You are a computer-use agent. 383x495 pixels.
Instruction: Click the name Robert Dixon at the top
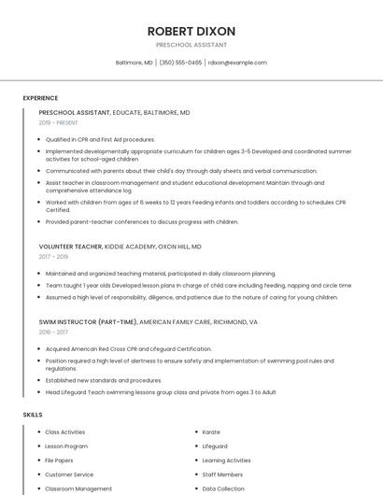coord(191,31)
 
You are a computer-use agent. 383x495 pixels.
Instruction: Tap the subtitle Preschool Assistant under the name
coord(191,44)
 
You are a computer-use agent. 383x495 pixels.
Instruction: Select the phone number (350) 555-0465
coord(180,63)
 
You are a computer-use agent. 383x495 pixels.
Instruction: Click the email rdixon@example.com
coord(237,63)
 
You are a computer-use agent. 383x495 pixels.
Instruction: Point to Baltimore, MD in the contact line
coord(134,63)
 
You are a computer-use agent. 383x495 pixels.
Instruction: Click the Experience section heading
coord(40,98)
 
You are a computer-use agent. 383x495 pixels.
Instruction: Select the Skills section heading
coord(33,414)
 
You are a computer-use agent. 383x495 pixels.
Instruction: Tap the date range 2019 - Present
coord(58,122)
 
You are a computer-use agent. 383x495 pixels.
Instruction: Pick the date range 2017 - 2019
coord(53,257)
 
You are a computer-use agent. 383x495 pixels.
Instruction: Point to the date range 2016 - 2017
coord(53,332)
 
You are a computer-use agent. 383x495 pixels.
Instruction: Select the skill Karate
coord(211,432)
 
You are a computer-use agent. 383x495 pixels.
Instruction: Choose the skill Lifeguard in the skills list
coord(215,446)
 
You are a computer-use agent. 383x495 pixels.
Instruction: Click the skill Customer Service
coord(69,474)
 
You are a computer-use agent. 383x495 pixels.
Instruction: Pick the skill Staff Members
coord(221,474)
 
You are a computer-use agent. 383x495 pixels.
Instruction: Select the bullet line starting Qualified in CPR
coord(100,139)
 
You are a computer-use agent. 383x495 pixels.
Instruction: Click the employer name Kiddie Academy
coord(130,247)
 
